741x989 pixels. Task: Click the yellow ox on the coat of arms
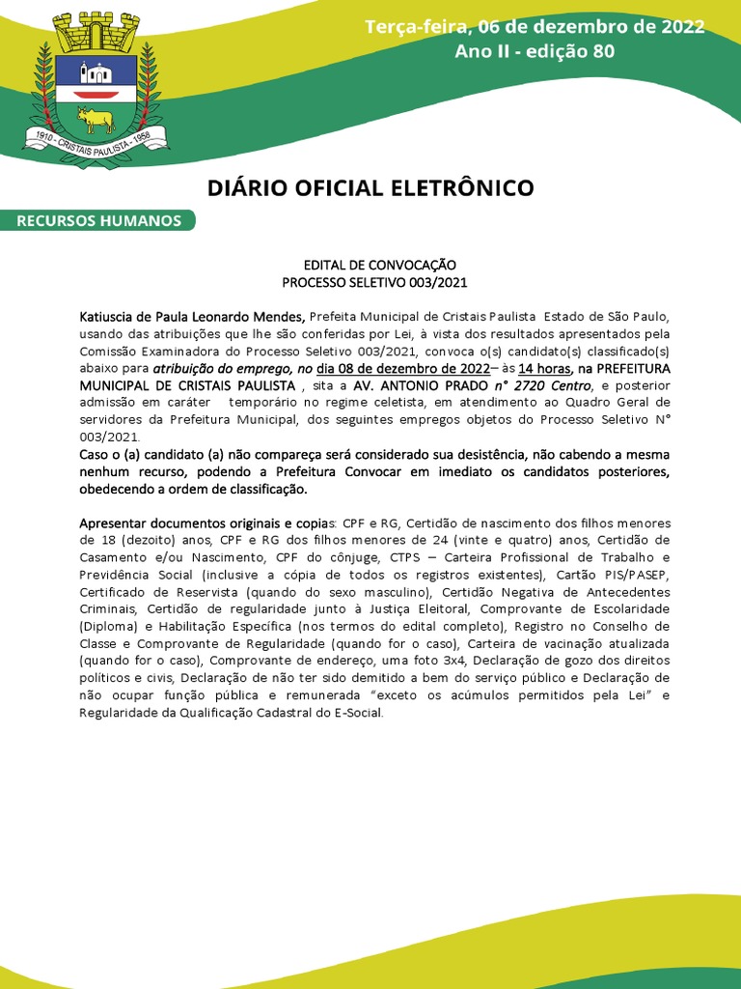pos(96,120)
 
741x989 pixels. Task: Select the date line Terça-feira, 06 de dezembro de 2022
pos(535,26)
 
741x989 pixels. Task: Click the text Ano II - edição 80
pos(535,50)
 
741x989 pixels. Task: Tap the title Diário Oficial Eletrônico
pos(370,187)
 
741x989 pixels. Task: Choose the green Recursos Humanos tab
pos(98,221)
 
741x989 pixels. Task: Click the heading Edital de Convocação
pos(366,264)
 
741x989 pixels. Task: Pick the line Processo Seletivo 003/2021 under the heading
pos(366,281)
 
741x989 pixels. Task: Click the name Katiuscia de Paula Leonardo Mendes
pos(192,316)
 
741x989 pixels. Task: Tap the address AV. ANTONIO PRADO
pos(422,385)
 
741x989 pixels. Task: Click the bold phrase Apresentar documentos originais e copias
pos(202,523)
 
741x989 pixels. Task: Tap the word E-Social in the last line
pos(356,714)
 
